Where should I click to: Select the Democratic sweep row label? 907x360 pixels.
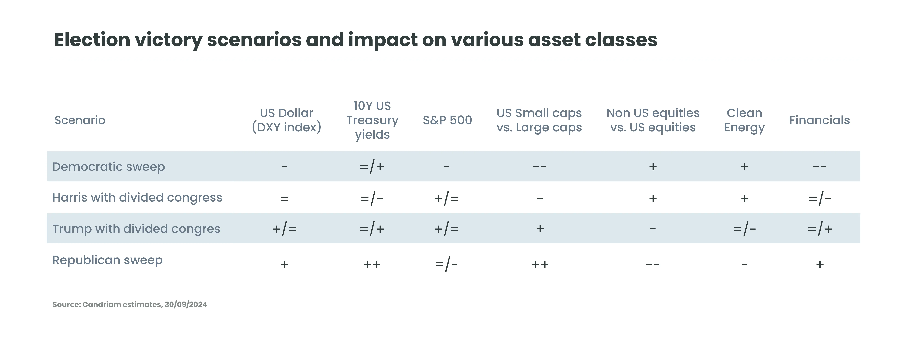point(109,167)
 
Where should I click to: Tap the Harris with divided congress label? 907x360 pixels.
point(137,198)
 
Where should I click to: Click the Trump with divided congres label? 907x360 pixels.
point(136,229)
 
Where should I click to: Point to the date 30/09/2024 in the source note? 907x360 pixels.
point(186,304)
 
